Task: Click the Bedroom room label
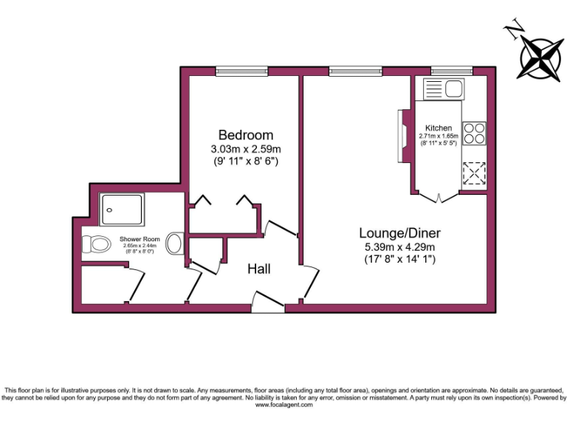point(245,135)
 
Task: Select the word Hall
point(258,269)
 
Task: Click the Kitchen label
point(439,128)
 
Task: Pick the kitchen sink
point(442,91)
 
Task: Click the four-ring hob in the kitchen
point(474,133)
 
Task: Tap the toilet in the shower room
point(94,243)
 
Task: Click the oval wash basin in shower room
point(174,243)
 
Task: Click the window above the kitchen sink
point(451,72)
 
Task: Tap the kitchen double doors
point(439,197)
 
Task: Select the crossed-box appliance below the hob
point(473,173)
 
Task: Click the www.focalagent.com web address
point(283,404)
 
